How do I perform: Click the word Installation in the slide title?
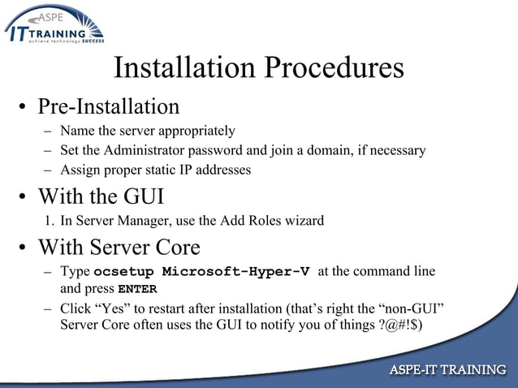click(x=179, y=68)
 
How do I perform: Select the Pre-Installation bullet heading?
click(x=109, y=107)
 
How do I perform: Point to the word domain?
click(x=335, y=150)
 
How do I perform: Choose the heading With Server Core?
click(x=119, y=246)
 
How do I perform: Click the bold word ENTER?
click(x=137, y=289)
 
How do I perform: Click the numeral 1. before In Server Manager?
click(x=49, y=220)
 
